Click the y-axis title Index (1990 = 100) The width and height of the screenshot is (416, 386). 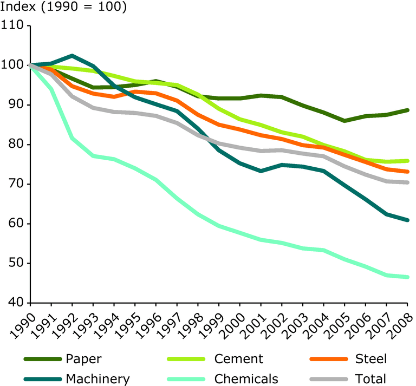[63, 8]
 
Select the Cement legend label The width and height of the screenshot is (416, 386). [238, 359]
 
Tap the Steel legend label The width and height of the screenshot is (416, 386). [372, 359]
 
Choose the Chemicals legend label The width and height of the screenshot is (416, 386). [246, 379]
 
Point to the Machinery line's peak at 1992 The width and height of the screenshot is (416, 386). [72, 55]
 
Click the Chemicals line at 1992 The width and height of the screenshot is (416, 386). [72, 138]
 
